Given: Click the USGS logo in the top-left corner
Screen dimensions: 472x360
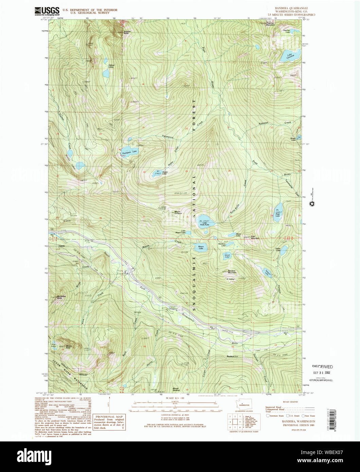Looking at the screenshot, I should click(x=47, y=11).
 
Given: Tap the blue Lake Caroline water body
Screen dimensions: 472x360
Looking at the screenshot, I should click(x=289, y=56).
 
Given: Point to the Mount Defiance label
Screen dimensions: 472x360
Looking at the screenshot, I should click(x=178, y=213).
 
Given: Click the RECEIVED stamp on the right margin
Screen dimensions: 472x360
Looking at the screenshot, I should click(x=322, y=367).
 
